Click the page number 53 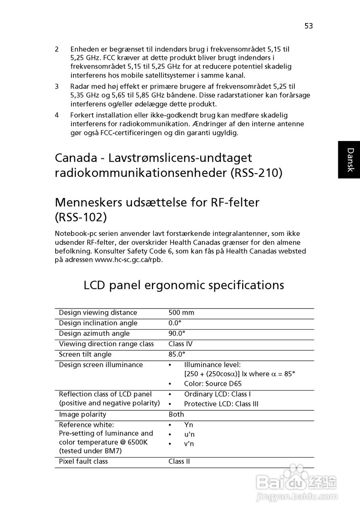click(309, 26)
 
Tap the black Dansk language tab click(349, 160)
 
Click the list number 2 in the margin click(57, 49)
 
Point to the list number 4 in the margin click(57, 115)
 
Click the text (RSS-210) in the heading click(257, 173)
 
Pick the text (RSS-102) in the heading click(81, 217)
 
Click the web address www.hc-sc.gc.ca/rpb click(129, 260)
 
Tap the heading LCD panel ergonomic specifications click(184, 285)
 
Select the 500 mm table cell click(181, 313)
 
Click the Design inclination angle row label click(98, 323)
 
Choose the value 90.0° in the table click(177, 334)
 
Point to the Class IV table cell click(180, 344)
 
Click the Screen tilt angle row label click(85, 355)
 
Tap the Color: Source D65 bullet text click(213, 384)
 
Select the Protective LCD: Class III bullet click(221, 404)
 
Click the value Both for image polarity click(176, 414)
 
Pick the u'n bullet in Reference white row click(189, 435)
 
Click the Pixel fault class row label click(83, 461)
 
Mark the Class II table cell click(179, 461)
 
